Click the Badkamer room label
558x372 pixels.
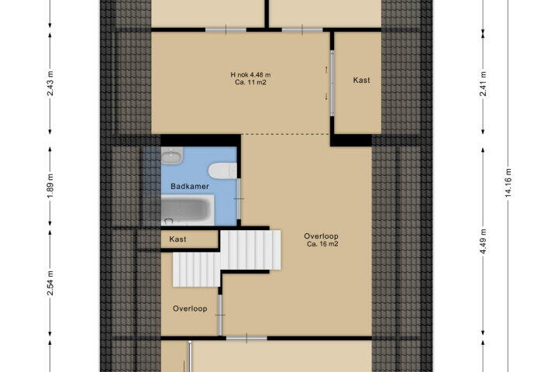[190, 186]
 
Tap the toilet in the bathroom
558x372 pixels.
[222, 170]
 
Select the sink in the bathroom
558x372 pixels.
[172, 156]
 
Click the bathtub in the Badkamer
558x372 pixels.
[188, 210]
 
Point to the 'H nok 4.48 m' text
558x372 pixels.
[250, 74]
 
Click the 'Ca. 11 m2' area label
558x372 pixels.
[250, 83]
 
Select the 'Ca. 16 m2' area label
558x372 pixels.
[322, 244]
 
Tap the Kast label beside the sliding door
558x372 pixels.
[361, 81]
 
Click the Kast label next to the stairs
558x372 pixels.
[177, 239]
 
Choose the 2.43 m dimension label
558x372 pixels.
[50, 84]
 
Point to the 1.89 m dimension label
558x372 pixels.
[50, 187]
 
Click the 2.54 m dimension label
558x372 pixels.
[50, 283]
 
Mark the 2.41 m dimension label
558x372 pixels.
[483, 84]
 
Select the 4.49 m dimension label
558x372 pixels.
[483, 241]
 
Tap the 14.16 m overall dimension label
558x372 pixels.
[508, 182]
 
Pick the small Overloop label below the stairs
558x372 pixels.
[190, 308]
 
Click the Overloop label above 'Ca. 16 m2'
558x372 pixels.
[321, 236]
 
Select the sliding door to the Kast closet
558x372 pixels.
[332, 83]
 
